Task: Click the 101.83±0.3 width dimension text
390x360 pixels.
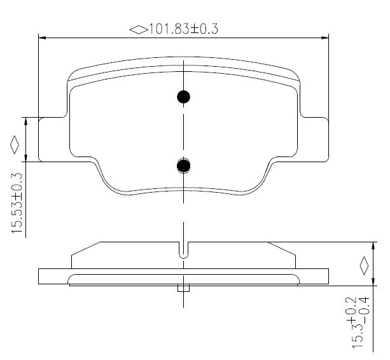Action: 183,29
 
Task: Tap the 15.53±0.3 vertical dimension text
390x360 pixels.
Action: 17,204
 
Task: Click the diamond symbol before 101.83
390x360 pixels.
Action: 139,30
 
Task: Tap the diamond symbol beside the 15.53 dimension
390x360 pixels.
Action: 15,144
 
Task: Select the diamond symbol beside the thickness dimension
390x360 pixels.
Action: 364,265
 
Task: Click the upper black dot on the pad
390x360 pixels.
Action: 184,97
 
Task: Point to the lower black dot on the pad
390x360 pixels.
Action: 184,165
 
